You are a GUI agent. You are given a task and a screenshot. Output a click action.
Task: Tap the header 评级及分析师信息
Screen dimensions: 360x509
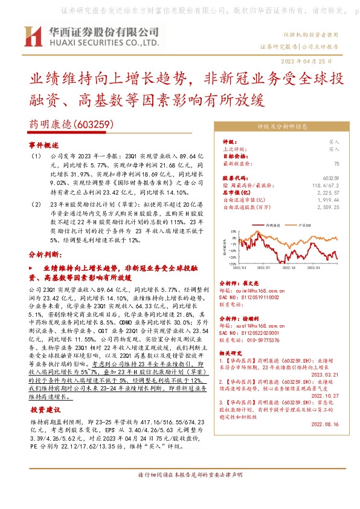pos(282,128)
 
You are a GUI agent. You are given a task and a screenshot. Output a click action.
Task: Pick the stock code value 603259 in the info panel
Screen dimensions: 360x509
pos(332,178)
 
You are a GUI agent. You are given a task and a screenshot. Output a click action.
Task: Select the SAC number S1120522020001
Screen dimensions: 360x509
pos(249,333)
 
